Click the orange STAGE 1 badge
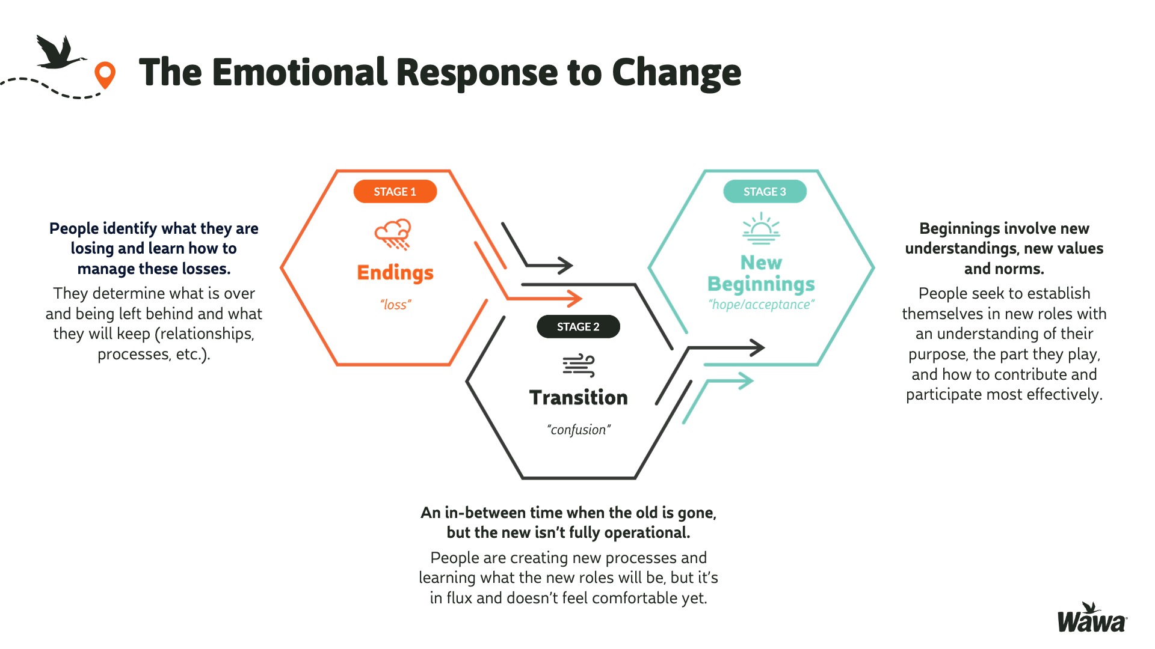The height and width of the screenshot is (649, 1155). [395, 192]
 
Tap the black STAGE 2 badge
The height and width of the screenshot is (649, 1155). [578, 327]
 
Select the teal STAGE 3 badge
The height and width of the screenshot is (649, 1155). [765, 192]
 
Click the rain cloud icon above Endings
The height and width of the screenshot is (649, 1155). [393, 234]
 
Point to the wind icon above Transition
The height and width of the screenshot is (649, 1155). [578, 365]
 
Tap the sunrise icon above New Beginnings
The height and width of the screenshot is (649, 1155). [761, 228]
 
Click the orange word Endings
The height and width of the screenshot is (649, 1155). [395, 273]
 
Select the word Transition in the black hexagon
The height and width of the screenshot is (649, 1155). [578, 398]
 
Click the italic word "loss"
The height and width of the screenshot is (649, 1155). [395, 305]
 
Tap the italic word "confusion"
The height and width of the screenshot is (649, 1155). [578, 430]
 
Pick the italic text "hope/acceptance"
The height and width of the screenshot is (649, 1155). [761, 305]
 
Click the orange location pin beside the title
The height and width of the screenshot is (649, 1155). [105, 75]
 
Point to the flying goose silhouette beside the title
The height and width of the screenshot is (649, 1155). [58, 53]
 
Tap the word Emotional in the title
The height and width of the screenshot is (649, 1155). [298, 73]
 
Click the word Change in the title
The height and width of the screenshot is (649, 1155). [676, 74]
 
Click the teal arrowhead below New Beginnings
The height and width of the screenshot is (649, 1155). [746, 380]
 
